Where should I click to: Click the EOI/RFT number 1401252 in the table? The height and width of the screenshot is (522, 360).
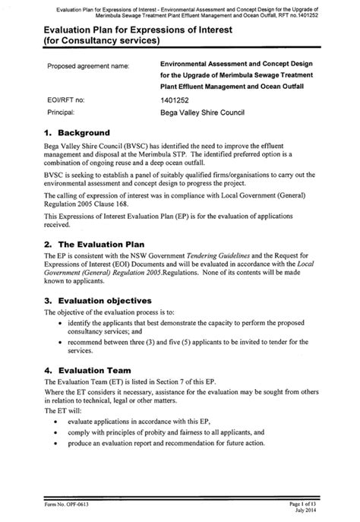tap(178, 100)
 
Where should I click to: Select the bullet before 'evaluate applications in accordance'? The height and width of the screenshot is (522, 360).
tap(58, 422)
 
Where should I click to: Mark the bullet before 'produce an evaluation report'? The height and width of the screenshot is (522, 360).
tap(58, 443)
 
